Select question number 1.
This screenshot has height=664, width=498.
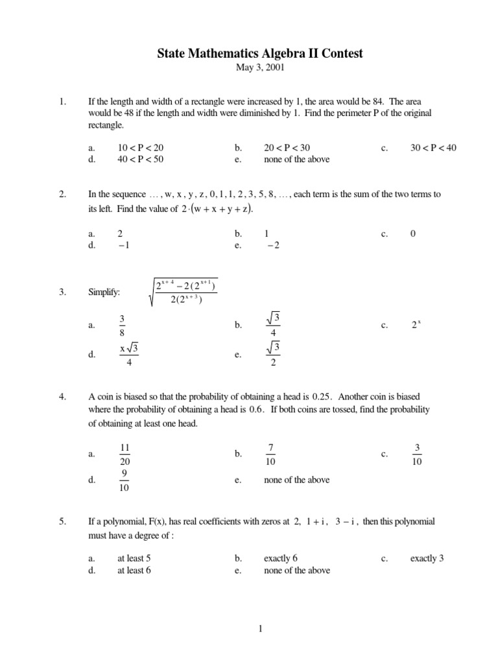point(62,102)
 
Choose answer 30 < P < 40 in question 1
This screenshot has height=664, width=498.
point(433,148)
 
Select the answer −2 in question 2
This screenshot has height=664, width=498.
point(277,244)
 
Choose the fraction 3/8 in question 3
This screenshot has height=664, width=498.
point(122,326)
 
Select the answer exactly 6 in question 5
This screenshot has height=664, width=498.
point(280,558)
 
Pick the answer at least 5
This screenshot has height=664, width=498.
point(134,558)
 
